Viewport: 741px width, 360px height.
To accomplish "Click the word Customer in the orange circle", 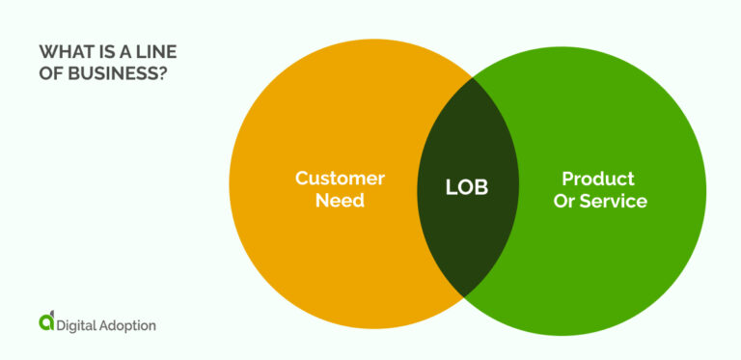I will point(340,179).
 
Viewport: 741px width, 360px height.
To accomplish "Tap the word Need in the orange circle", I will point(340,202).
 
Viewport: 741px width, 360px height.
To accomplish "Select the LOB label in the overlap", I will point(467,188).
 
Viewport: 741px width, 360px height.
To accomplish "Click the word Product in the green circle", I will point(598,179).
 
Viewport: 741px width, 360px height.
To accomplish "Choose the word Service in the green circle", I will point(613,202).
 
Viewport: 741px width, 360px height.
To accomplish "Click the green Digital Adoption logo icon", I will point(47,321).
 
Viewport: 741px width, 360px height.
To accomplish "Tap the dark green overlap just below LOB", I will point(467,236).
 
